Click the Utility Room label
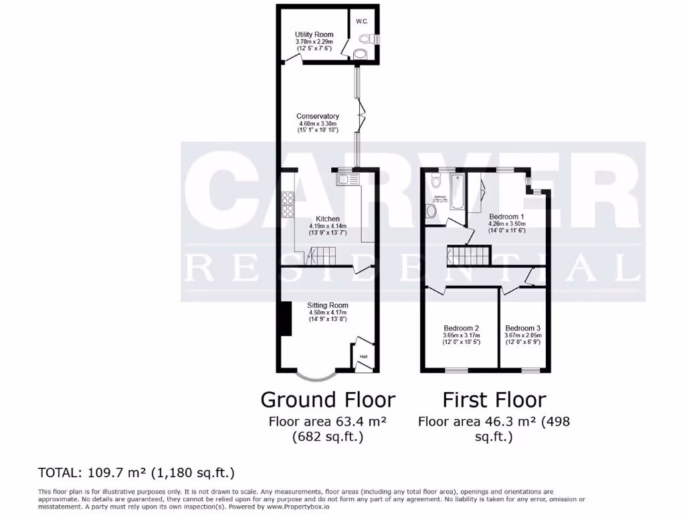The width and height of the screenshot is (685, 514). (x=314, y=35)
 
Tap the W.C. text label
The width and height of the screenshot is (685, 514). (x=362, y=21)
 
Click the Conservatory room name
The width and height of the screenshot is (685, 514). (x=318, y=116)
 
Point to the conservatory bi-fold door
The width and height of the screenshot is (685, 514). (x=362, y=116)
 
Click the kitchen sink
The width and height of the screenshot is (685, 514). (x=349, y=179)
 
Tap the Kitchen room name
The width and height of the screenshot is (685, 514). (x=328, y=219)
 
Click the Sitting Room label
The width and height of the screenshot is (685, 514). (x=328, y=305)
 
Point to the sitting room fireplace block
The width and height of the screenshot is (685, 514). (x=286, y=319)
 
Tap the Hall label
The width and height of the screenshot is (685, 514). (x=364, y=357)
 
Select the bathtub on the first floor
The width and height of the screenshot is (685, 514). (x=457, y=191)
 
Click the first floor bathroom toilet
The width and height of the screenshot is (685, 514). (x=436, y=180)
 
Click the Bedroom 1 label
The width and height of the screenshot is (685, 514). (x=506, y=217)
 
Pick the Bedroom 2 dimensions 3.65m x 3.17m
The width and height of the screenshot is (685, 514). (x=461, y=335)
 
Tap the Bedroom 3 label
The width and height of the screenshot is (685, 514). (x=524, y=328)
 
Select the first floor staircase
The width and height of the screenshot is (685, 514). (x=469, y=255)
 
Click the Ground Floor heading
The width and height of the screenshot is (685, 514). (x=328, y=400)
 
